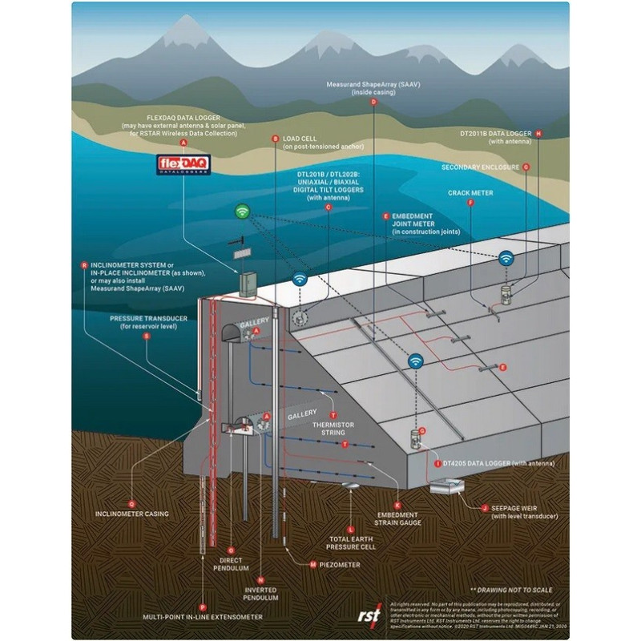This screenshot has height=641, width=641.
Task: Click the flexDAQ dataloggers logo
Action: [183, 164]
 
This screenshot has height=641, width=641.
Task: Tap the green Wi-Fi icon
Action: [242, 212]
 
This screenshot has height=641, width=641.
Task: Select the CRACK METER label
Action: [470, 193]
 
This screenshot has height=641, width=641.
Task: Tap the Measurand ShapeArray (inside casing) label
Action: [373, 88]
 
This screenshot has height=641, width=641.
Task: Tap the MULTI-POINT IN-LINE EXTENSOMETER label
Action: [202, 618]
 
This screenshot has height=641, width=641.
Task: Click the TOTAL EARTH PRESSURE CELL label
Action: [351, 543]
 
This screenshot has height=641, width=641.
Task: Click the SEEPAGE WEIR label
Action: [522, 512]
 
